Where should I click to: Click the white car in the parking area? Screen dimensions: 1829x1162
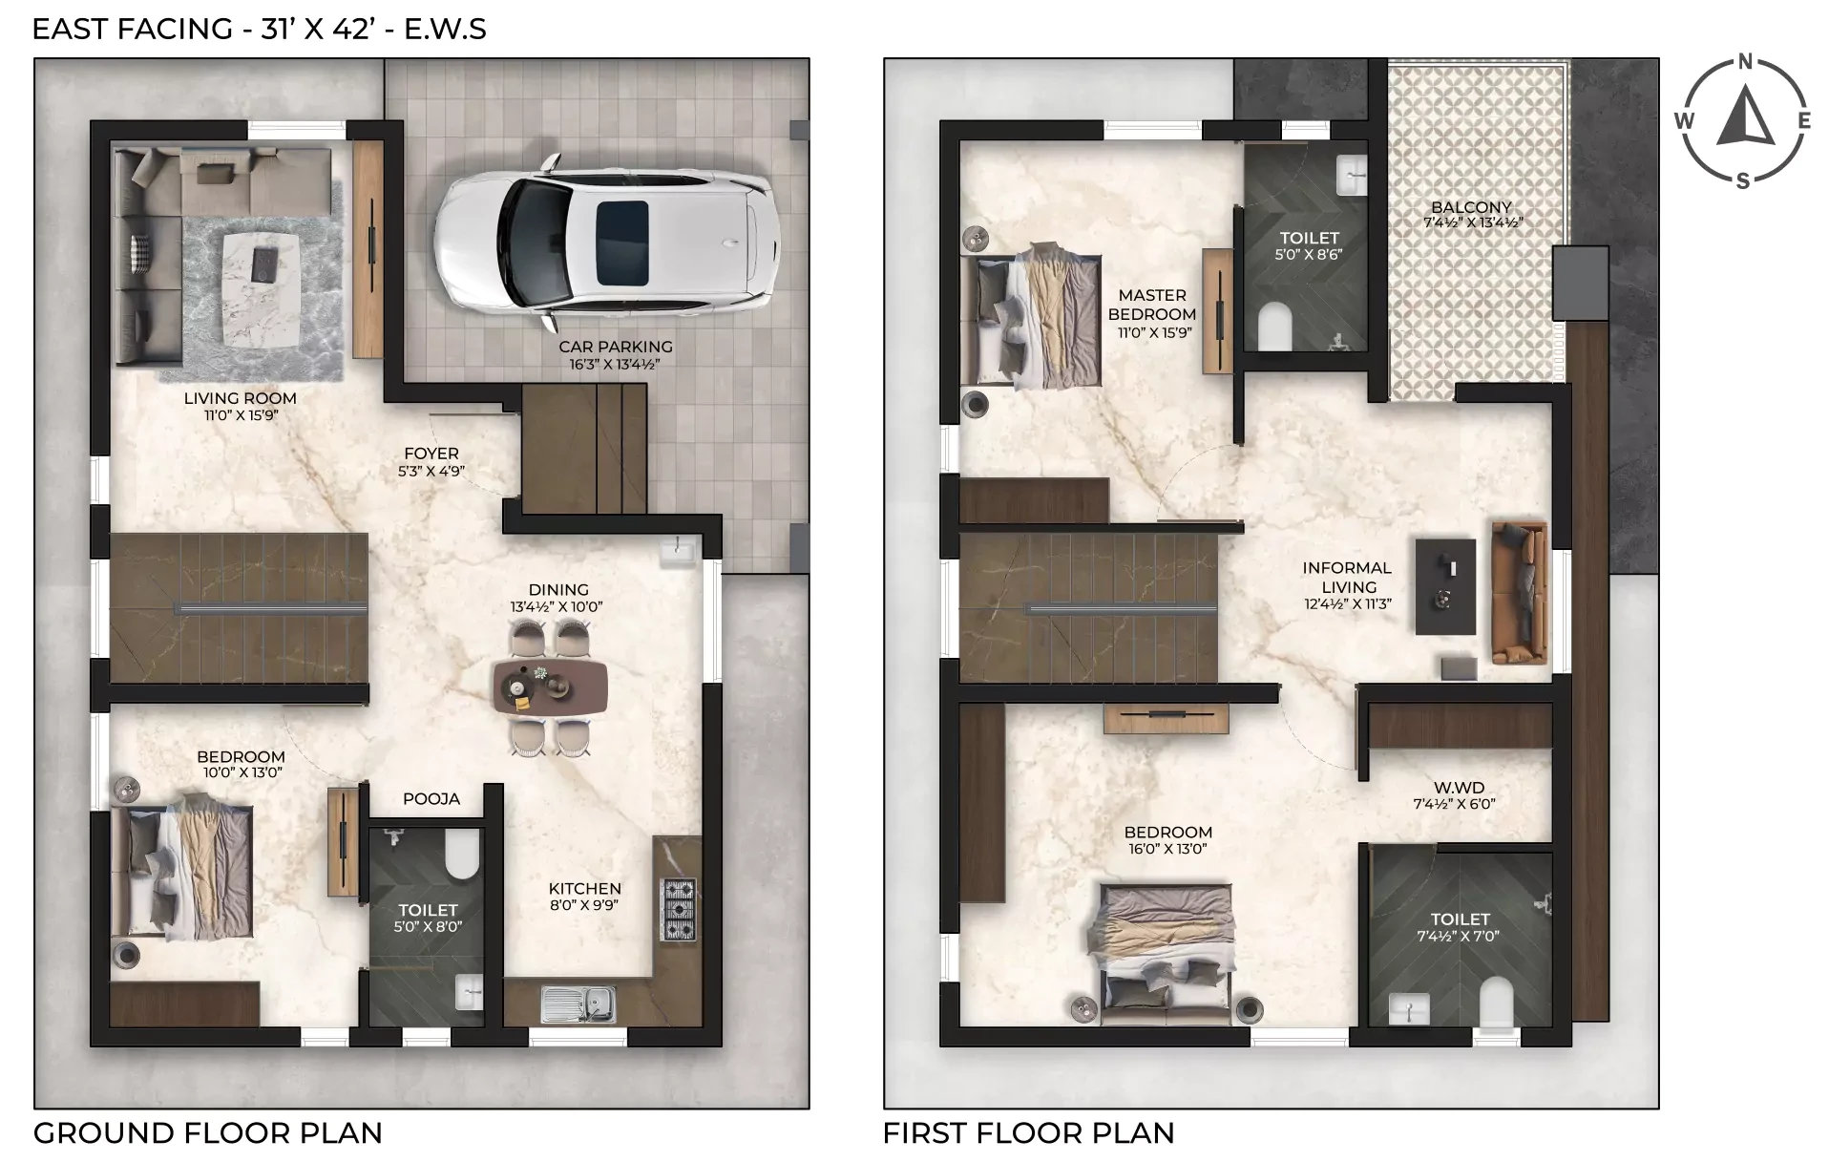point(606,243)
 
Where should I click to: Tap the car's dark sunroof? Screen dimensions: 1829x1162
point(622,243)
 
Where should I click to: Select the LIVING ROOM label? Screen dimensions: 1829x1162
point(241,398)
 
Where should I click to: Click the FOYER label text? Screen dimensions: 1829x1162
point(431,454)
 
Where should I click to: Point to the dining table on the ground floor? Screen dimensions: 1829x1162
point(551,687)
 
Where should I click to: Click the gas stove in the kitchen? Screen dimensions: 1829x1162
point(679,910)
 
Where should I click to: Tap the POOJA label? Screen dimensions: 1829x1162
point(431,798)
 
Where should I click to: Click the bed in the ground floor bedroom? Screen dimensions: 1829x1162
point(182,873)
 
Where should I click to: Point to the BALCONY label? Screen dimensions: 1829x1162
point(1471,207)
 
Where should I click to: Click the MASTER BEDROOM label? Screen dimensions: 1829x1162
point(1152,305)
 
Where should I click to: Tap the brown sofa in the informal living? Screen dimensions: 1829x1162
point(1519,592)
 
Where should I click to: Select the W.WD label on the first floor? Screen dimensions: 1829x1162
point(1460,788)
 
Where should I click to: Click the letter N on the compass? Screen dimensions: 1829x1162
point(1745,63)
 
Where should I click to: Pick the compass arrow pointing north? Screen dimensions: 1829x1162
point(1745,116)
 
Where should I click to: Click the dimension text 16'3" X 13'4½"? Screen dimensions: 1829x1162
point(616,364)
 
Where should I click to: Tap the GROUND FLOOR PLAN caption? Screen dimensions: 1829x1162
point(208,1133)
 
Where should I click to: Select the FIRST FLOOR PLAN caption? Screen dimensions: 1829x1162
point(1028,1133)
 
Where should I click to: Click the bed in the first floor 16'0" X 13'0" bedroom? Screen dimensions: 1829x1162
point(1166,955)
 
